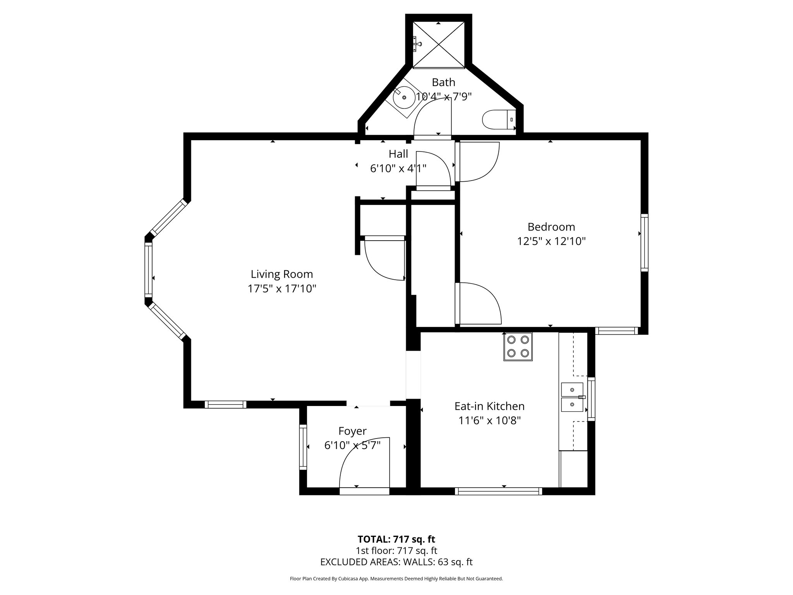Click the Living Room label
coord(281,274)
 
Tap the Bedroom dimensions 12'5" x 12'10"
coord(551,241)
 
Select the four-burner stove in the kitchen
coord(518,347)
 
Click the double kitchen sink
coord(572,397)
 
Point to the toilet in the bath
coord(499,120)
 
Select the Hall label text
coord(398,154)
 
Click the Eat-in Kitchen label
coord(489,406)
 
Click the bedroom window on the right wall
coord(644,242)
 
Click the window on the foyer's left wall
coord(303,447)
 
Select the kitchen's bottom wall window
coord(498,491)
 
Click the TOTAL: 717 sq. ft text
coord(396,539)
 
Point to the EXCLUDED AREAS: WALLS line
coord(396,562)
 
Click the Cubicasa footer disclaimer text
coord(396,579)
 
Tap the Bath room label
coord(443,82)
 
